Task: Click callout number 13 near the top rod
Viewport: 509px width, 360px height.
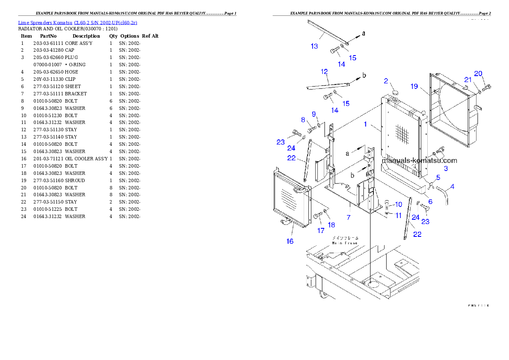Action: [x=314, y=46]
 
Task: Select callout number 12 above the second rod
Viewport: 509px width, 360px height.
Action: [x=324, y=71]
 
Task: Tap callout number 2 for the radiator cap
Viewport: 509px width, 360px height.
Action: [x=386, y=81]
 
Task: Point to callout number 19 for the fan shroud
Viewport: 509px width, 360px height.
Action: [x=414, y=86]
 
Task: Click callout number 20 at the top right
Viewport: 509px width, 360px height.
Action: [x=478, y=74]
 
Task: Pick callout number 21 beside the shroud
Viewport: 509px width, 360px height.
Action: [x=468, y=80]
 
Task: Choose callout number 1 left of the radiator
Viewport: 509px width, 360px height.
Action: [x=365, y=124]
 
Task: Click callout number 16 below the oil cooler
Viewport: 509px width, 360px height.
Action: [x=290, y=241]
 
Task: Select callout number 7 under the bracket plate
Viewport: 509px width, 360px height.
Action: [x=349, y=218]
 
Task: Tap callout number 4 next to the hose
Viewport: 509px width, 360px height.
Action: [x=453, y=186]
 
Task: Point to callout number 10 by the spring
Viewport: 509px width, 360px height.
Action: [x=398, y=204]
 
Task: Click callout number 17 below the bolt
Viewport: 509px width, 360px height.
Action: [x=321, y=231]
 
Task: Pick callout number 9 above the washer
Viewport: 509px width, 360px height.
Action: [x=314, y=114]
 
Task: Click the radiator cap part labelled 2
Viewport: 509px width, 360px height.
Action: [x=394, y=92]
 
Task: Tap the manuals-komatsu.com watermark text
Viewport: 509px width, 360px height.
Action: [x=420, y=161]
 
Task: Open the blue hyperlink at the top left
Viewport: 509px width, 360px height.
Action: [x=77, y=22]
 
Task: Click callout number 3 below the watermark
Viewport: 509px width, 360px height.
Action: [x=446, y=168]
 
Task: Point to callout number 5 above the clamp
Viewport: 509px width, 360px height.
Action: [x=438, y=177]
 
